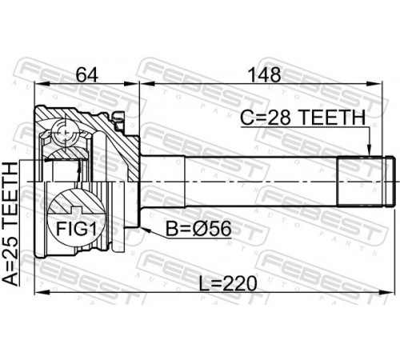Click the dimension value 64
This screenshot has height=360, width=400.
pyautogui.click(x=87, y=75)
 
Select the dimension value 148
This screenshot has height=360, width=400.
pyautogui.click(x=264, y=75)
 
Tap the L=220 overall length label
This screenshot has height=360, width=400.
pyautogui.click(x=228, y=283)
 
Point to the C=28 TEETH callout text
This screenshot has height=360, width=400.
pyautogui.click(x=302, y=118)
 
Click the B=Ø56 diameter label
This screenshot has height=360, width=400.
pyautogui.click(x=198, y=229)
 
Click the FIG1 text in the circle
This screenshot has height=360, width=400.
pyautogui.click(x=76, y=229)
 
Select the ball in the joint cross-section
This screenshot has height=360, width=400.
pyautogui.click(x=66, y=131)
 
